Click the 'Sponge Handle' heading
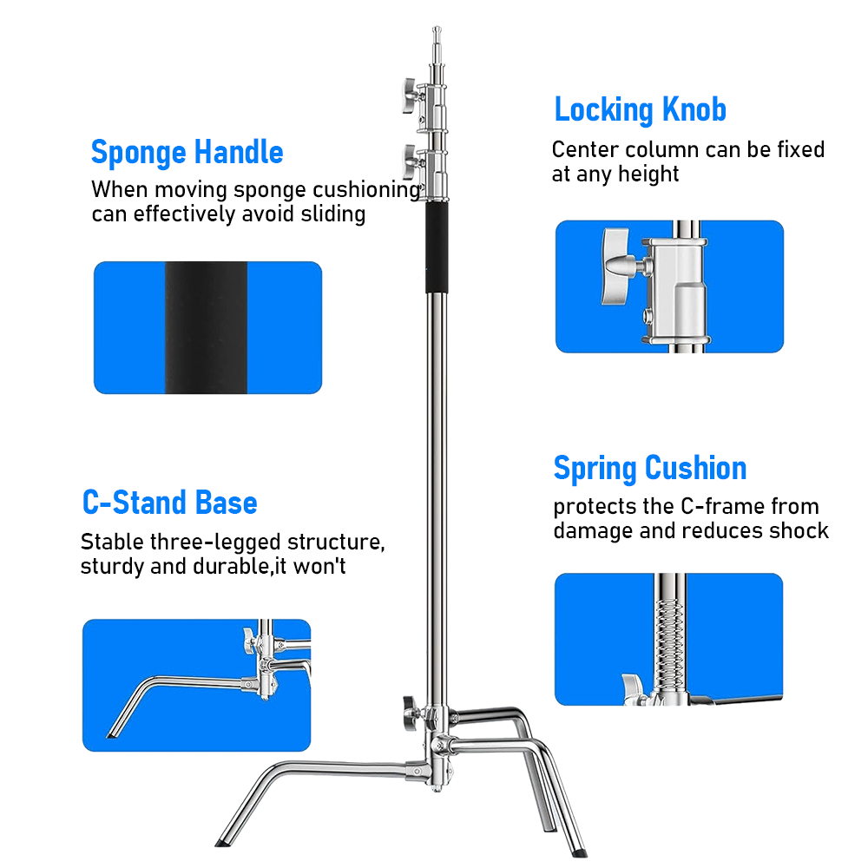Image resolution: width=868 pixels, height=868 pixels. click(187, 153)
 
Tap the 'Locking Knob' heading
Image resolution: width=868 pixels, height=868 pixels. click(640, 110)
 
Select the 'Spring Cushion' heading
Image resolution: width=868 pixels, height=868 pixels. click(650, 469)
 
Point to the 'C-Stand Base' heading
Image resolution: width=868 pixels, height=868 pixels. click(169, 503)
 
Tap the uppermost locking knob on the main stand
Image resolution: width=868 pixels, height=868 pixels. click(407, 89)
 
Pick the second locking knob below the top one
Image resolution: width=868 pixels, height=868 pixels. click(407, 157)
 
